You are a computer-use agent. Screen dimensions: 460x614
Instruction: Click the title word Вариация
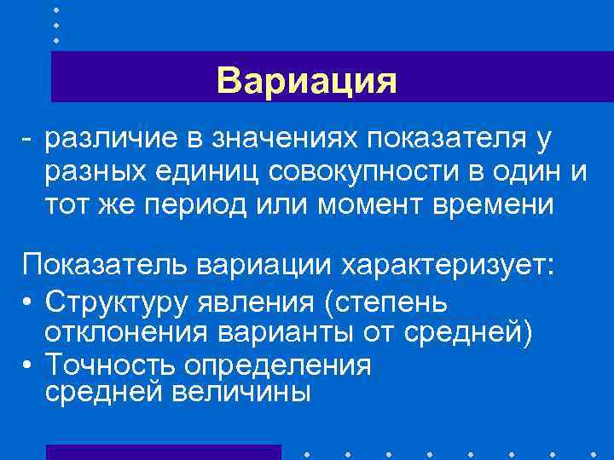307,82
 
